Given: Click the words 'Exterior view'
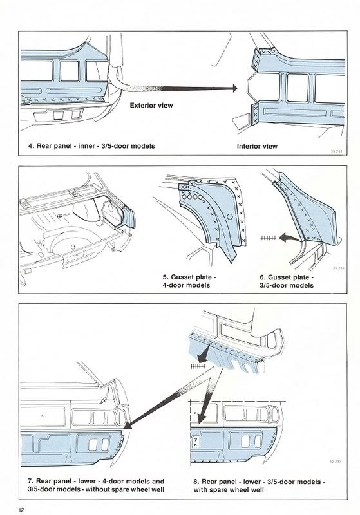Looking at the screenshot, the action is (x=151, y=106).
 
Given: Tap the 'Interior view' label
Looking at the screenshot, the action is (x=257, y=147).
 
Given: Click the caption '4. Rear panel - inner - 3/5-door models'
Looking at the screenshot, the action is (x=91, y=146).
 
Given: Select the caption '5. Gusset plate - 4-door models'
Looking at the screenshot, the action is (x=189, y=281).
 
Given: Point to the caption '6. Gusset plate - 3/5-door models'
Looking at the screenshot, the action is (x=287, y=281).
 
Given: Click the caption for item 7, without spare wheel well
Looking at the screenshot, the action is (x=96, y=485).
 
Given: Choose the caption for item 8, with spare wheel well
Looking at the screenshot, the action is (x=259, y=486).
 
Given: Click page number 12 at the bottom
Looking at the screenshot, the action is (x=22, y=510).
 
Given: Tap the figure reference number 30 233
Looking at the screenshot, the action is (x=336, y=151).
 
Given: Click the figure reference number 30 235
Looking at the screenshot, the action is (x=336, y=462).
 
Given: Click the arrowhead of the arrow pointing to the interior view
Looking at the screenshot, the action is (x=234, y=88).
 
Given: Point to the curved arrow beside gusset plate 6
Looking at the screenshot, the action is (x=290, y=238).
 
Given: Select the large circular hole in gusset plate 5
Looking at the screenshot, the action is (x=230, y=217).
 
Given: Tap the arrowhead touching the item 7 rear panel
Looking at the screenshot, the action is (x=128, y=426).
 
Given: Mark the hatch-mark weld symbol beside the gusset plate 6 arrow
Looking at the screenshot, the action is (x=268, y=238).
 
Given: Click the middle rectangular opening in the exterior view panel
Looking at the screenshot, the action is (x=70, y=71).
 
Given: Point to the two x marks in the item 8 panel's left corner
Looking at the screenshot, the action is (x=195, y=442).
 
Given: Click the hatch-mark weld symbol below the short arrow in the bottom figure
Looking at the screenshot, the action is (x=198, y=366).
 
